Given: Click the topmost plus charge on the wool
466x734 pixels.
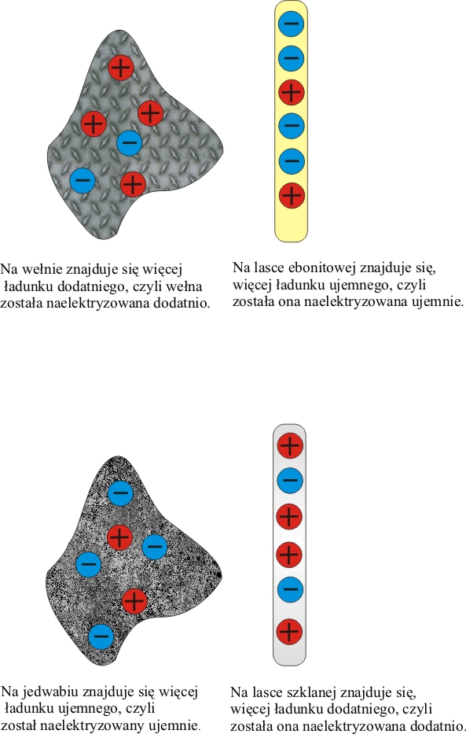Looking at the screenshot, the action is click(x=121, y=68).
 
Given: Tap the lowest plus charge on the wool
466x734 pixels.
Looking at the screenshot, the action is click(x=134, y=184).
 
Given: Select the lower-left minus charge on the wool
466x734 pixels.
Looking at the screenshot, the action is click(x=83, y=180).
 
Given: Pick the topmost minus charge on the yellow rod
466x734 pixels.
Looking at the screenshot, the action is click(x=292, y=23).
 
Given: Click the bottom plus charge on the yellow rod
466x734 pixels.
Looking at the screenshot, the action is click(x=292, y=196).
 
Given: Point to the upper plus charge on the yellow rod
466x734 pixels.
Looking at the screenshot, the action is click(x=292, y=92).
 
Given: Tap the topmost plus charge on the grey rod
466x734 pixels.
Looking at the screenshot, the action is click(x=290, y=444).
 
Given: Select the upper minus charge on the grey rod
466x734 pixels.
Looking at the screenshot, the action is click(x=290, y=480).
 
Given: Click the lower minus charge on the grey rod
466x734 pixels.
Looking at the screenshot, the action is click(x=290, y=590).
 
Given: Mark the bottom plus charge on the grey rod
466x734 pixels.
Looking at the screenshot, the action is click(x=289, y=632).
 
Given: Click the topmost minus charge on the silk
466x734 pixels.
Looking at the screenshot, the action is click(x=120, y=493).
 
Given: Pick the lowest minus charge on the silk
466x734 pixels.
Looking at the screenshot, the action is click(x=101, y=636).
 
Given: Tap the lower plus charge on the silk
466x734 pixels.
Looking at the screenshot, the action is click(x=134, y=601).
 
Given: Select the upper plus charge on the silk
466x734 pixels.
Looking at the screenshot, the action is click(x=119, y=537).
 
